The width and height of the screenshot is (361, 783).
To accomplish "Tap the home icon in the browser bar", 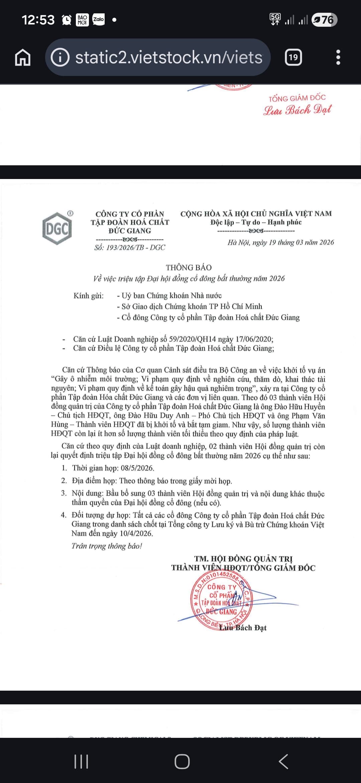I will pyautogui.click(x=23, y=58).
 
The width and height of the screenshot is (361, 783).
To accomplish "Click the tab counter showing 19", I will pyautogui.click(x=293, y=58).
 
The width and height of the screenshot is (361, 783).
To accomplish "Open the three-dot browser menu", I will pyautogui.click(x=338, y=58).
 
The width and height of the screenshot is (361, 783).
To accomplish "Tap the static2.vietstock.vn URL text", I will pyautogui.click(x=169, y=58).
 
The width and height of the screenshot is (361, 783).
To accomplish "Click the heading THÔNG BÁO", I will pyautogui.click(x=189, y=267).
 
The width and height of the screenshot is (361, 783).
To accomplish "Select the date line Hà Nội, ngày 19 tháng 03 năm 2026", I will pyautogui.click(x=280, y=242).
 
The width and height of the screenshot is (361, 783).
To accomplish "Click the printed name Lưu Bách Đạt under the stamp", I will pyautogui.click(x=243, y=628).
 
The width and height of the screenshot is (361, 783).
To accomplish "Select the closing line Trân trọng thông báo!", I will pyautogui.click(x=107, y=546).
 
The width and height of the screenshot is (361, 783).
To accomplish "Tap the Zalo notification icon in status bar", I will pyautogui.click(x=98, y=20).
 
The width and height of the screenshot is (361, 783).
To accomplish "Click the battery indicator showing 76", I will pyautogui.click(x=324, y=20).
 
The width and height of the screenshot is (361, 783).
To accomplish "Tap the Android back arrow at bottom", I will pyautogui.click(x=283, y=762).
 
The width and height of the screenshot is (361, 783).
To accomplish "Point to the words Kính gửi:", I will pyautogui.click(x=89, y=296).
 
